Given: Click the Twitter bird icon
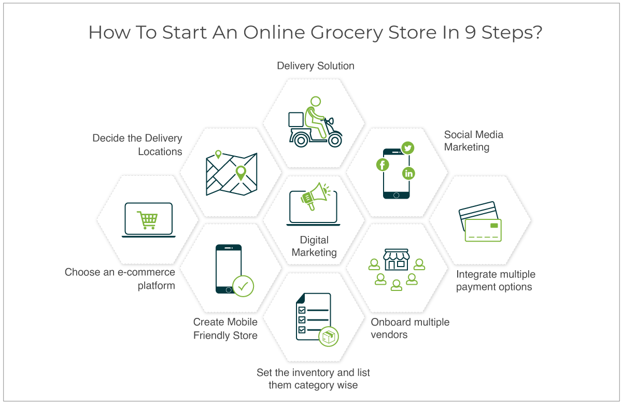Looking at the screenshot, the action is pos(407,147).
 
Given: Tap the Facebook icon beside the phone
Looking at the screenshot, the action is pos(383,164).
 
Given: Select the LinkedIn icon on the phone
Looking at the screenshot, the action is pos(408,173).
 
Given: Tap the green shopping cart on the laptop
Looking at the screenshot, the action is pos(147,220).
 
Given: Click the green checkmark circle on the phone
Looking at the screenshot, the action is pos(243,286).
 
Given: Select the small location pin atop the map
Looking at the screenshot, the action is pos(218,154).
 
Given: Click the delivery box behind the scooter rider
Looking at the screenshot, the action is pos(296,119).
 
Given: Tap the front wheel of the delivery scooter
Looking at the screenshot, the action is pos(335,141).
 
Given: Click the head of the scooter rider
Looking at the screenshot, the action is pos(316,101).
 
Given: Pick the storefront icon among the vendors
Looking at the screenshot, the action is pos(396,259).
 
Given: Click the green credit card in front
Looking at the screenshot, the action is pos(483,230).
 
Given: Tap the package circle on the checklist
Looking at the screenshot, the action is pos(329,337).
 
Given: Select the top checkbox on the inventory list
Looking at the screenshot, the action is pos(302,310).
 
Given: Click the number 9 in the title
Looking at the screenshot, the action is pos(471,32).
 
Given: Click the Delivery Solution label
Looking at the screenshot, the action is pos(316,66).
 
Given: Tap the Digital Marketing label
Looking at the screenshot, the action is pos(314,246).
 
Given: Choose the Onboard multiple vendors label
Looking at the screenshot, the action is pos(410,328).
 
